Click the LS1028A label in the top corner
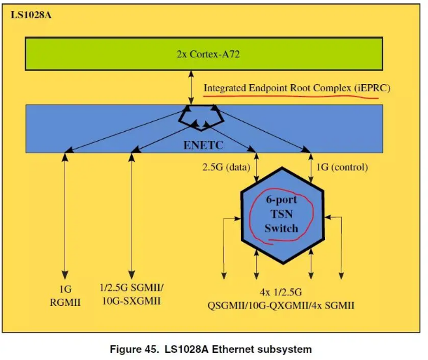click(x=31, y=15)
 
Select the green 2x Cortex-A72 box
click(x=204, y=54)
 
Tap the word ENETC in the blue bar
click(x=203, y=145)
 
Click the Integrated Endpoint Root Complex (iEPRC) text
click(x=297, y=88)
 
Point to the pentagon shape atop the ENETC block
click(x=201, y=118)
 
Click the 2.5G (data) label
click(x=226, y=167)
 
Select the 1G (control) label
click(x=342, y=167)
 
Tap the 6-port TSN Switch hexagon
click(x=283, y=216)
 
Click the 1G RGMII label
click(x=65, y=296)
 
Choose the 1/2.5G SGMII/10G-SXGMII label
click(x=132, y=294)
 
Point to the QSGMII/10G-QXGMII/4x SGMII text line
click(x=281, y=305)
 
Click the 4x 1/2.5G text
click(x=281, y=292)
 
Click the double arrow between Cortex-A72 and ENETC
click(x=191, y=88)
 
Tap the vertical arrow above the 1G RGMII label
click(x=65, y=216)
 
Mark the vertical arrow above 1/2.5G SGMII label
click(x=132, y=216)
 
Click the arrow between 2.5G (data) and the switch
click(x=256, y=168)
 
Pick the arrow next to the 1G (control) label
click(x=311, y=168)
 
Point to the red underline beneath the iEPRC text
click(x=291, y=97)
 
